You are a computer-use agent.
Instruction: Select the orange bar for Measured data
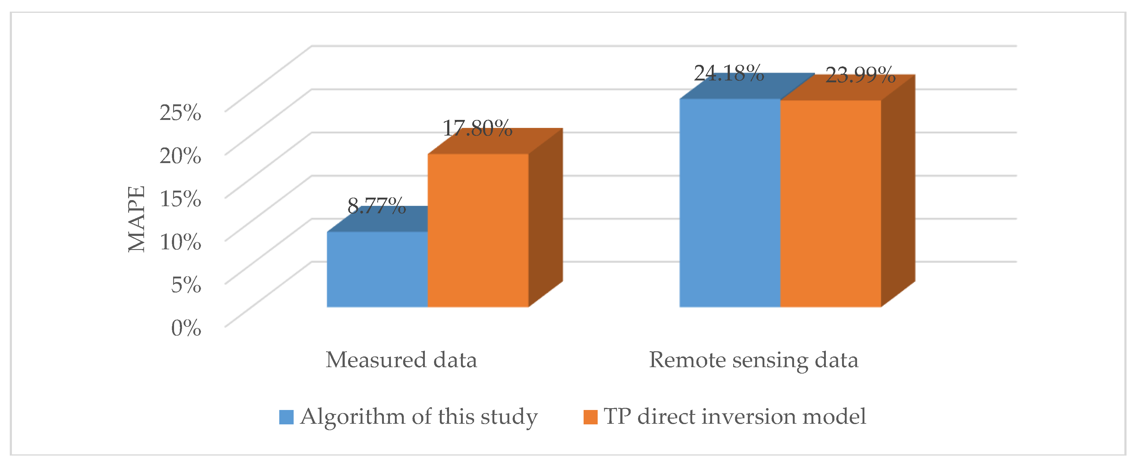point(478,230)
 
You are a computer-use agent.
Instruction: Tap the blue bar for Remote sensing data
point(730,203)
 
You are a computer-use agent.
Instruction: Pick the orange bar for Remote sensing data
point(831,203)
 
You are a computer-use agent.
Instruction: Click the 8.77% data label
point(376,206)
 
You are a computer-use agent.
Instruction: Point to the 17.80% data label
point(477,129)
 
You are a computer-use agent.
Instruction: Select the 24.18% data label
point(729,73)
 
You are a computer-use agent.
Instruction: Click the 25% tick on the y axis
point(180,113)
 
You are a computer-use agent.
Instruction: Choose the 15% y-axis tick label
point(180,199)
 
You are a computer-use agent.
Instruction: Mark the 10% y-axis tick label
point(180,241)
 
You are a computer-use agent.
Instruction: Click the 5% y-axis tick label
point(186,285)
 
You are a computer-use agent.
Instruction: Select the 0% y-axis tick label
point(186,328)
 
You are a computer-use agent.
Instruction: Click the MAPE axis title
point(136,219)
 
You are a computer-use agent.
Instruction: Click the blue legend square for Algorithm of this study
point(286,417)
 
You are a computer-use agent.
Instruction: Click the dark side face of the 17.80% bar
point(545,218)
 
